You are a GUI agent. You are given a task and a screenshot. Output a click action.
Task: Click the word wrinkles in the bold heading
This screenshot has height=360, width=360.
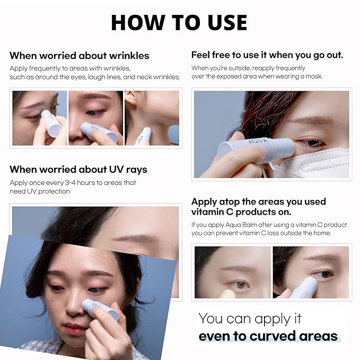(129, 56)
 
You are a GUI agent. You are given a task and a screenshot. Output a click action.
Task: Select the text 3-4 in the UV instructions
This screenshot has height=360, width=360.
(71, 183)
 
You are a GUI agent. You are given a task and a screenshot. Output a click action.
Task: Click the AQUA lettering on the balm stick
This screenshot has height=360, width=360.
(258, 141)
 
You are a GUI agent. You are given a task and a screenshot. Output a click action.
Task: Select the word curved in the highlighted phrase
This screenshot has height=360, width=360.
(273, 336)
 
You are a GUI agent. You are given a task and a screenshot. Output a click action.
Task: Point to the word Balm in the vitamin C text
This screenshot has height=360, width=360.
(250, 225)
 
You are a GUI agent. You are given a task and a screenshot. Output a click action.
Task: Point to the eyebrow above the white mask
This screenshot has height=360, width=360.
(310, 119)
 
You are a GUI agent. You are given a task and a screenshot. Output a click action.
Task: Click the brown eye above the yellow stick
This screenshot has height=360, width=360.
(241, 285)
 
